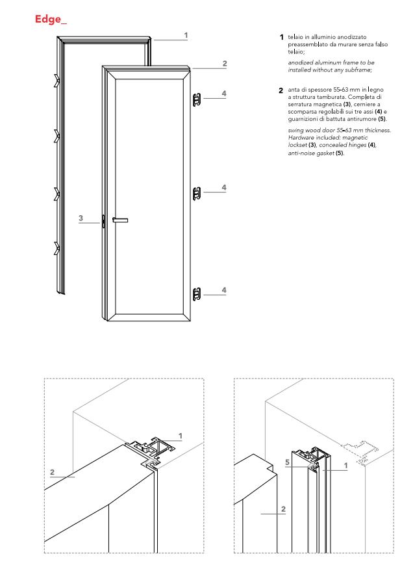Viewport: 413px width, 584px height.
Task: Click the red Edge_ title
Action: [51, 20]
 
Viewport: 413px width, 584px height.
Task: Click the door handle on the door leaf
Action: [120, 220]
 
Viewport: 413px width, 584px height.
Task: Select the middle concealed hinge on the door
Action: [197, 192]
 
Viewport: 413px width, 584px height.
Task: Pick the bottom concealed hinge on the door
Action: [197, 294]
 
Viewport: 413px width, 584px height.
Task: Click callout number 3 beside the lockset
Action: [81, 218]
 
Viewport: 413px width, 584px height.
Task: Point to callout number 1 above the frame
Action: [186, 35]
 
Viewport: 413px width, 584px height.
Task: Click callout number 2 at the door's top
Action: [224, 63]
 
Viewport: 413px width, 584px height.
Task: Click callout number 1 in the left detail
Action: [180, 435]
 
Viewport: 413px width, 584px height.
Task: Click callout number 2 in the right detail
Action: [283, 509]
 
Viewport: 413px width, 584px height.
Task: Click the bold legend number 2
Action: [281, 89]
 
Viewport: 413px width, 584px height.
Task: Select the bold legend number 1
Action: [281, 37]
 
